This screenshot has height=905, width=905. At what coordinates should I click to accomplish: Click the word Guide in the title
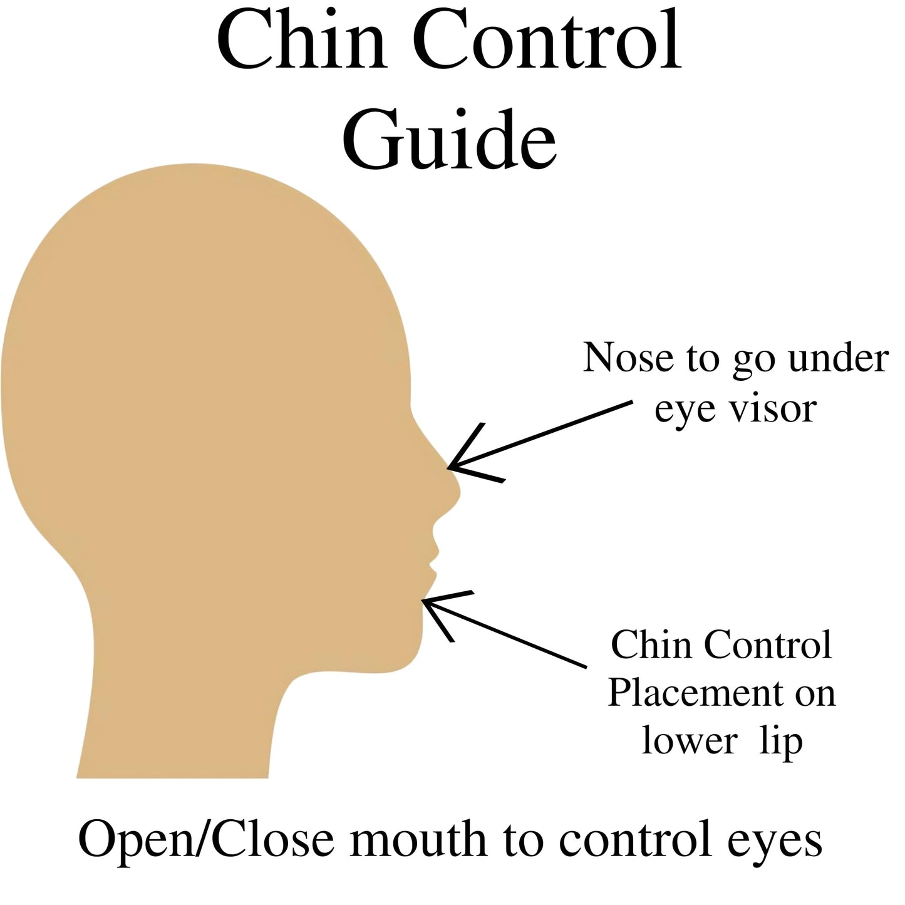[450, 140]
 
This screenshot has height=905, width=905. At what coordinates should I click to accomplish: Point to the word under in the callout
[838, 358]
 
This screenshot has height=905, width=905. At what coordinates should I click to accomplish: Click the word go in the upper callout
[753, 363]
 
